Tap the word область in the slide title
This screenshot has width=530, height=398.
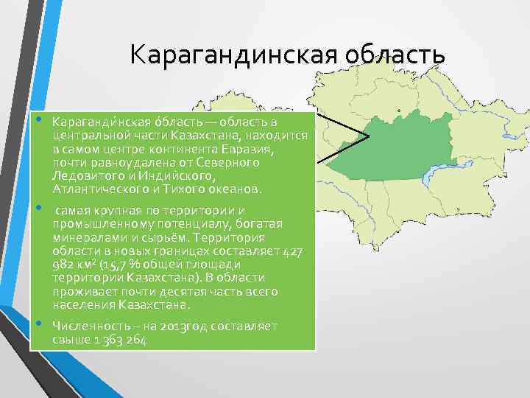click(x=391, y=55)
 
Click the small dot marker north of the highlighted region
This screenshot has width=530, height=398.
click(x=398, y=112)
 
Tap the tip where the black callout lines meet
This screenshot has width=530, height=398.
click(x=367, y=135)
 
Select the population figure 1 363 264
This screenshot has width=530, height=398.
click(x=117, y=340)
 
